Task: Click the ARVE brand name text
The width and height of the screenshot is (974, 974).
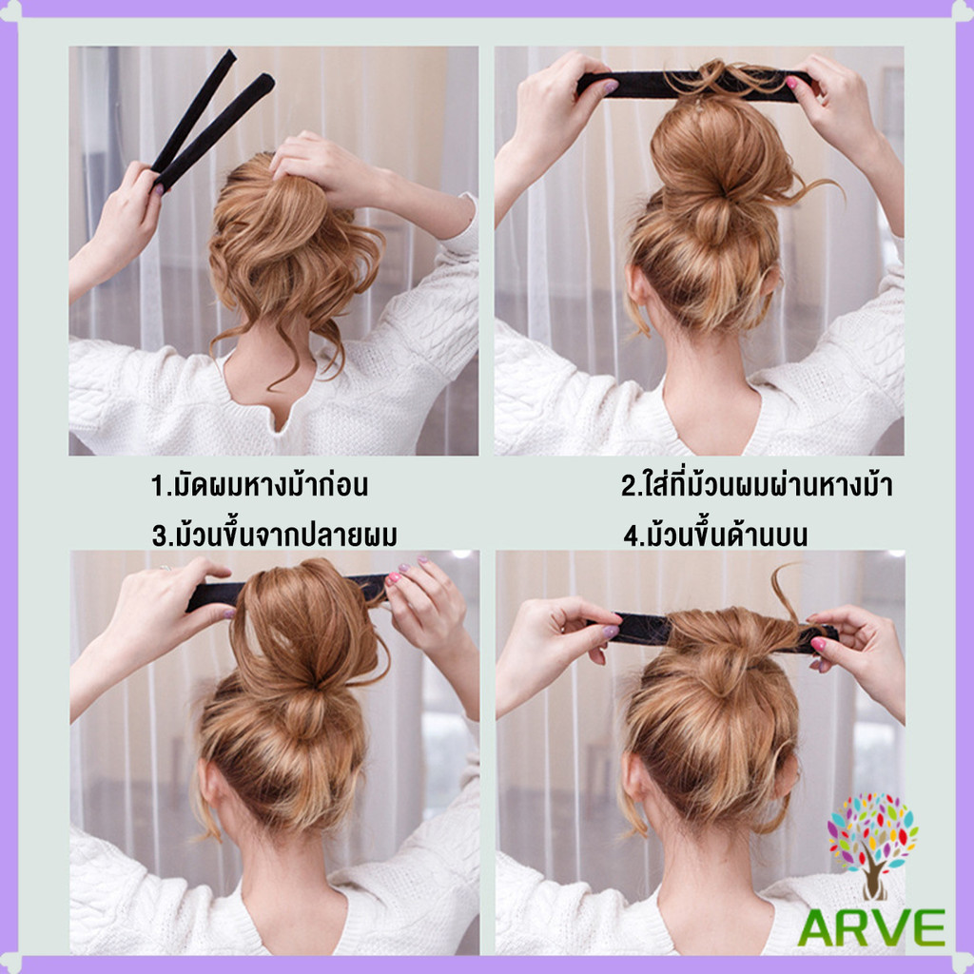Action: [x=871, y=927]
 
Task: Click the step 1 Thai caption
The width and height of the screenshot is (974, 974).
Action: [x=260, y=484]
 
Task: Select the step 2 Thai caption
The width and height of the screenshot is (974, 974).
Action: [x=757, y=484]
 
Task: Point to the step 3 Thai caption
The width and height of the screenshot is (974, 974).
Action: [x=274, y=535]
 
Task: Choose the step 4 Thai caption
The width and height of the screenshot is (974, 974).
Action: [x=715, y=535]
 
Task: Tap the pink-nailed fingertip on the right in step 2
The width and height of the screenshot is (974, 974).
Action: [x=792, y=82]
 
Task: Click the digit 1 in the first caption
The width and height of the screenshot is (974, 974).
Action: [x=158, y=486]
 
